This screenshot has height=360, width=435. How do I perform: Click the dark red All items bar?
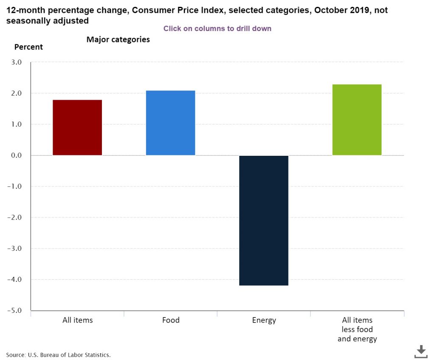click(x=77, y=127)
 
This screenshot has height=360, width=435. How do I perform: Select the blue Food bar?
click(x=170, y=123)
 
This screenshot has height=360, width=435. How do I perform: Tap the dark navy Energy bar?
click(x=264, y=220)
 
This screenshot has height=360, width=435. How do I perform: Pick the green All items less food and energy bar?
click(x=357, y=120)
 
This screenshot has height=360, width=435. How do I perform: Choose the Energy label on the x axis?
click(x=264, y=320)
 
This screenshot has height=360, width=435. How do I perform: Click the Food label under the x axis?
click(x=171, y=320)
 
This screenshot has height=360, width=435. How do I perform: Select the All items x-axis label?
click(x=77, y=320)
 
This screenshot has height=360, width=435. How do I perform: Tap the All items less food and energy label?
click(x=357, y=329)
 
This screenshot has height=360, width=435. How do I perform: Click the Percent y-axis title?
click(x=28, y=47)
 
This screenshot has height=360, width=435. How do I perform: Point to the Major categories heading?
click(x=118, y=39)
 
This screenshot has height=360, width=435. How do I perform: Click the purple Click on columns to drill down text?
click(x=217, y=28)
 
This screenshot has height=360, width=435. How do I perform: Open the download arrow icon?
click(x=421, y=351)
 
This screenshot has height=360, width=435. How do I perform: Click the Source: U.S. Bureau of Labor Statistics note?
click(x=58, y=354)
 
